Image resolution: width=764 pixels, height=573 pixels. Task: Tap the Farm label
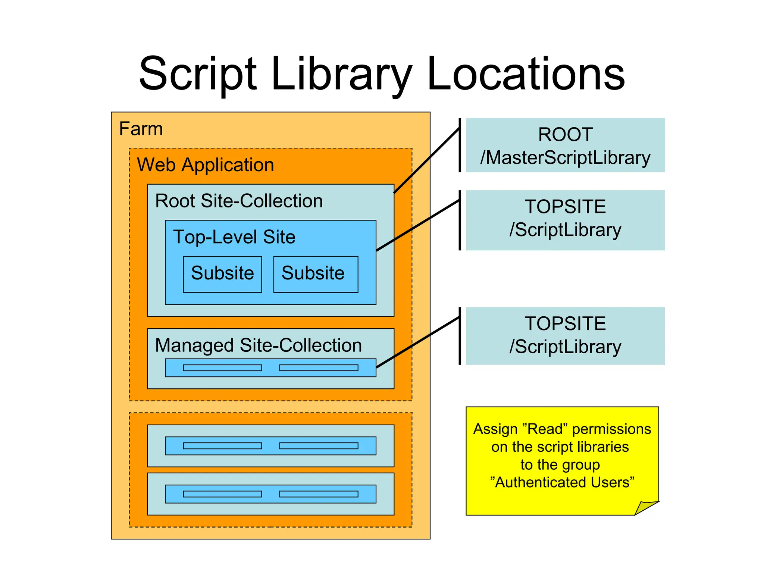click(141, 129)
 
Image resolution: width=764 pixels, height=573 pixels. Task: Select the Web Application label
click(206, 165)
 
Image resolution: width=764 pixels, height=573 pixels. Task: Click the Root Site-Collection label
click(239, 201)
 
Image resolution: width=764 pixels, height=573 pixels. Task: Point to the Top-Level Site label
click(234, 237)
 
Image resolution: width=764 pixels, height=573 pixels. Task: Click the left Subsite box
click(222, 274)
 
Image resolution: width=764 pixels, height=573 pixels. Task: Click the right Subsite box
click(315, 274)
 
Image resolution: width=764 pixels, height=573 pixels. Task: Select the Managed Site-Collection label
click(259, 345)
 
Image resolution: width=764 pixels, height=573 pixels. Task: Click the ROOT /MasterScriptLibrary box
click(565, 145)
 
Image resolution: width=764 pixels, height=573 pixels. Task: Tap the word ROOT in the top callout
click(565, 135)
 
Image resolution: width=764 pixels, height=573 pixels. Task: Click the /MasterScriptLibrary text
click(565, 158)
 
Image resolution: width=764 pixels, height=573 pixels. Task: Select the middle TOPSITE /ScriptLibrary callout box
click(565, 220)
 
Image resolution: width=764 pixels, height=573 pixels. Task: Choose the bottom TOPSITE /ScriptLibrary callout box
click(565, 336)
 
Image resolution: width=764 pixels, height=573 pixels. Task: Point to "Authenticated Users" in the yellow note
click(562, 483)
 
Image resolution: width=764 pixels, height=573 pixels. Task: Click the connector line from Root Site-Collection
click(427, 160)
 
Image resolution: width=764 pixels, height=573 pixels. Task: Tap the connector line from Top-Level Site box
click(418, 225)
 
